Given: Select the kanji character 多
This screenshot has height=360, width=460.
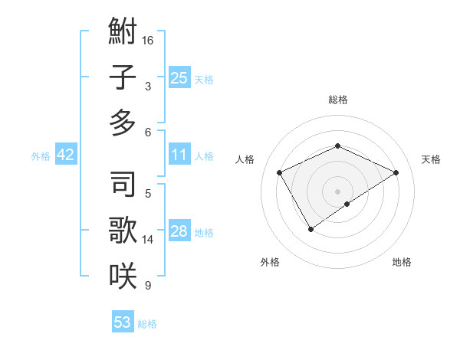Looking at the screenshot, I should tap(123, 123).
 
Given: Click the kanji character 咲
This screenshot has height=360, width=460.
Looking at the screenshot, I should tap(123, 275).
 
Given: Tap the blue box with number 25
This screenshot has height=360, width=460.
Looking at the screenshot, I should tap(179, 78).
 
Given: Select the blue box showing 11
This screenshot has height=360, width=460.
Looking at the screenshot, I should tap(179, 155).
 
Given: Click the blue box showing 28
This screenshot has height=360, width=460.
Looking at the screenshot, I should tap(179, 231).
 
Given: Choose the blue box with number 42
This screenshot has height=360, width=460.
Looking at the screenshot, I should tap(66, 155).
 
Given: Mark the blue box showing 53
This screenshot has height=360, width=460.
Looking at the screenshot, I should tap(122, 322).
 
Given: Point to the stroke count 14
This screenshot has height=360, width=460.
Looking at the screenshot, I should tap(149, 240).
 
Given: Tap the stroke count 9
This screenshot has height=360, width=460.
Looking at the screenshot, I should tap(148, 286).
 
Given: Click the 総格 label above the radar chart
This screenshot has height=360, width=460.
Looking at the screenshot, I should tap(337, 100).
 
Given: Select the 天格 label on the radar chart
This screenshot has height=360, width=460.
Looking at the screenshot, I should tap(431, 159).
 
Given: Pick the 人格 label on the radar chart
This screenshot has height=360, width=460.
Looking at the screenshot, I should tap(245, 159).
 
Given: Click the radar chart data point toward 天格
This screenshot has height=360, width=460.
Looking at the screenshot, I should tap(396, 172).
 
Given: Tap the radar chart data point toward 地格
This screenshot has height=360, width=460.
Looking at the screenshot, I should tap(347, 204).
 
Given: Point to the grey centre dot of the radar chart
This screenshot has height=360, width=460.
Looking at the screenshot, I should tap(337, 191).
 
